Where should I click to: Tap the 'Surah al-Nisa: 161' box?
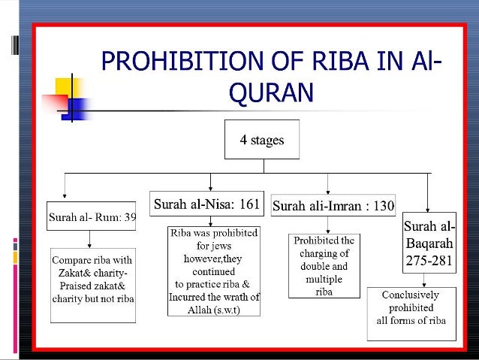[x=207, y=203]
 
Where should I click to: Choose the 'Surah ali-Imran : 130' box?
[x=333, y=205]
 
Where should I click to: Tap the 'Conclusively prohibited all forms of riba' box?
[x=410, y=307]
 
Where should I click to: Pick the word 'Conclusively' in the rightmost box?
[x=410, y=295]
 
